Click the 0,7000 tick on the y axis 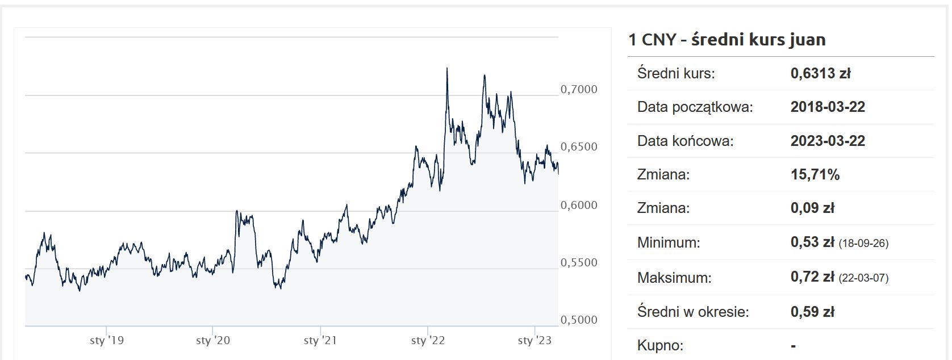coord(579,89)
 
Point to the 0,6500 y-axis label coord(579,146)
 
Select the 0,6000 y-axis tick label coord(579,205)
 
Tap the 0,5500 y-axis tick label coord(579,262)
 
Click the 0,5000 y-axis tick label coord(579,320)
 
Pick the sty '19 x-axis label coord(107,340)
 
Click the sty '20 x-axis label coord(213,340)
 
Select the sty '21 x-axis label coord(320,340)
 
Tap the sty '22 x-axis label coord(428,340)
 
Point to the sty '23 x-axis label coord(535,340)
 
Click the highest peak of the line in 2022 coord(447,69)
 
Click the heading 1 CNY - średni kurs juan coord(726,39)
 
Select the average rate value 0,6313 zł coord(820,73)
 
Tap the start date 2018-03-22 coord(828,107)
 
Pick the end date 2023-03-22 coord(828,141)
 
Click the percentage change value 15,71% coord(815,174)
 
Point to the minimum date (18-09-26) coord(863,243)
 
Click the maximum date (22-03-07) coord(863,278)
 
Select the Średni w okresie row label coord(693,312)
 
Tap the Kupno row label coord(660,345)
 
